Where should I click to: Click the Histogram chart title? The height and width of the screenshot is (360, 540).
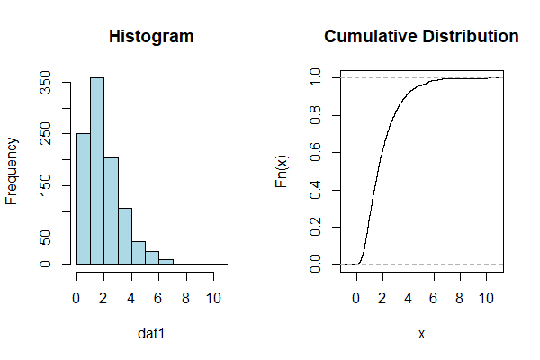pos(151,37)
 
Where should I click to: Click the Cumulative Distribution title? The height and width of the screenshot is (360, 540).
pos(421,37)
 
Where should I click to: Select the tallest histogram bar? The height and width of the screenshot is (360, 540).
pos(97,171)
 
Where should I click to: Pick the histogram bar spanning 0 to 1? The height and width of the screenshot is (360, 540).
pos(84,199)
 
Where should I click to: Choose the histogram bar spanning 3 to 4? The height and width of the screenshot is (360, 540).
pos(125,236)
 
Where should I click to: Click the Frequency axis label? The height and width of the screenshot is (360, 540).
pos(13,171)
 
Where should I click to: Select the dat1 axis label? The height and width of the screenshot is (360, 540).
pos(151,334)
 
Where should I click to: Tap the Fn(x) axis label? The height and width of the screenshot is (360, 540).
pos(283,171)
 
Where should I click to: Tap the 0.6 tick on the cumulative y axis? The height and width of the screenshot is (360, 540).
pos(315,153)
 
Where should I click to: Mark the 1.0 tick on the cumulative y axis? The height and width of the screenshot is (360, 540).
pos(315,78)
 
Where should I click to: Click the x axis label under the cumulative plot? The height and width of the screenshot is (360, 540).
pos(421,334)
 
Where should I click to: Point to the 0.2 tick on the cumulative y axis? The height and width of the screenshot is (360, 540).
pos(315,228)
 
